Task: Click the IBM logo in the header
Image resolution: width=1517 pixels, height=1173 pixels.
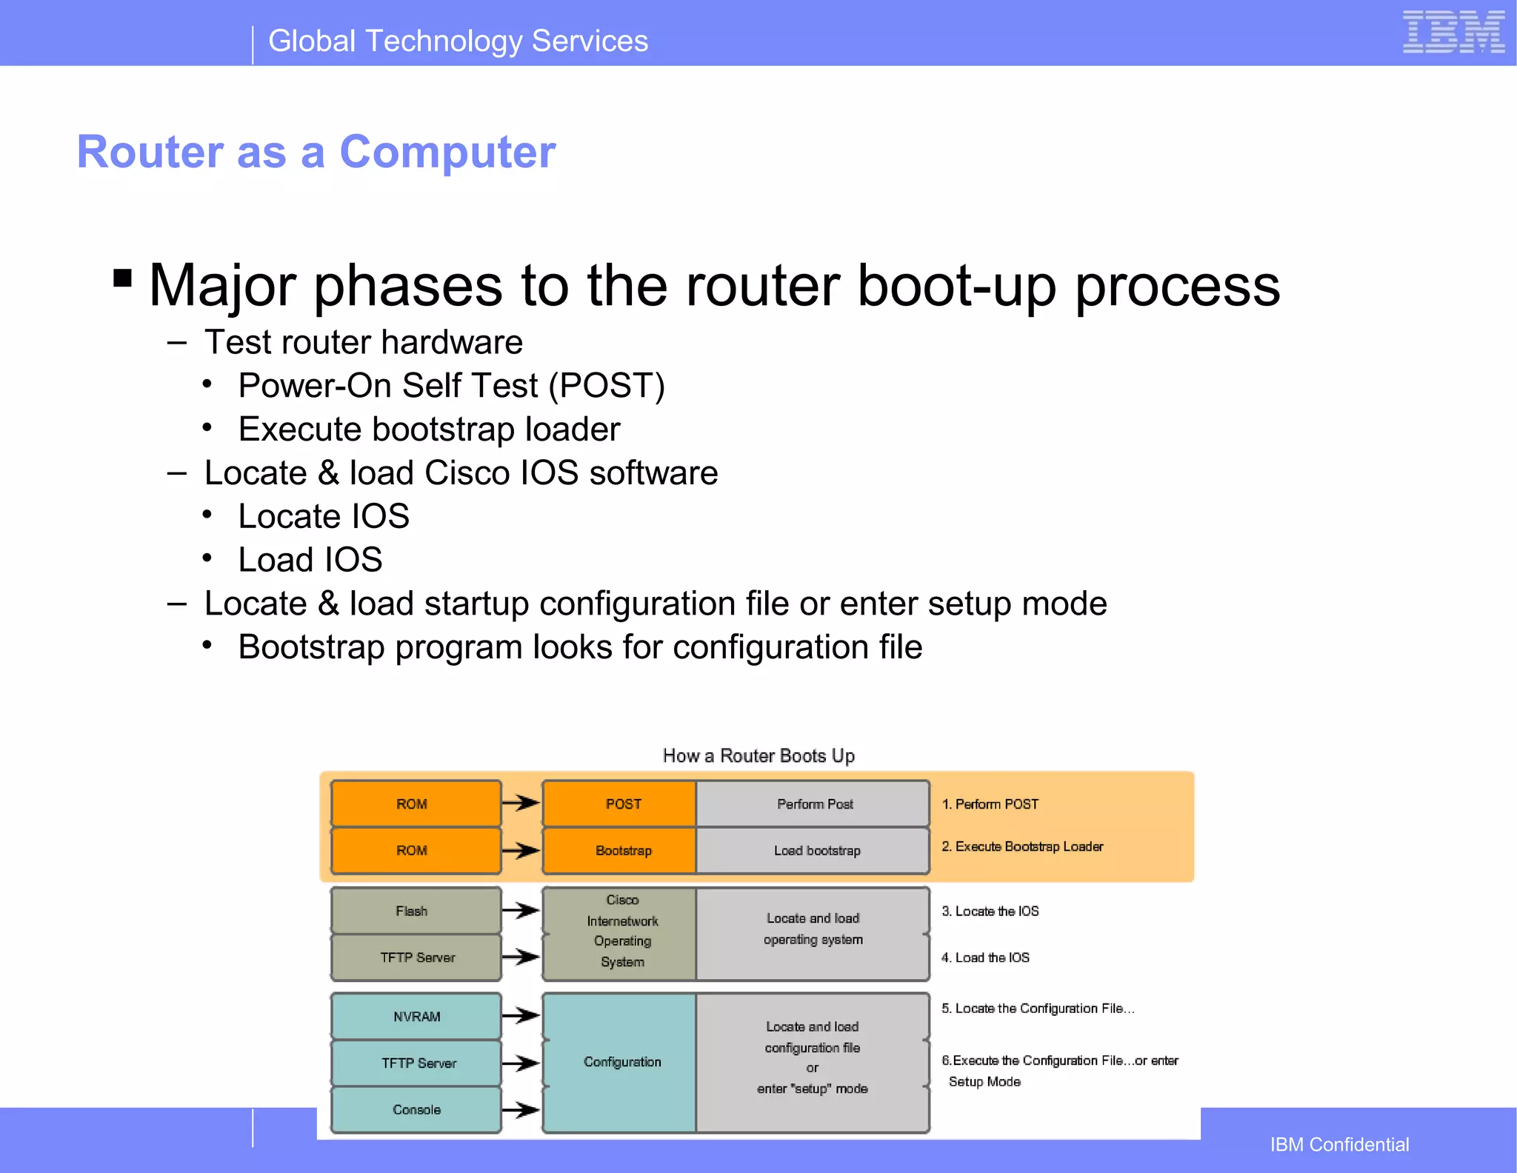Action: point(1453,33)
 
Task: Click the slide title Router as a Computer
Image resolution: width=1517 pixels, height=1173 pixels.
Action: point(316,153)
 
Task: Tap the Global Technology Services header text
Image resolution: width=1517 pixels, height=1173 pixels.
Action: point(458,41)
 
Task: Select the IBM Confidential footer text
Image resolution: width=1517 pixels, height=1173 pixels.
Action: point(1339,1145)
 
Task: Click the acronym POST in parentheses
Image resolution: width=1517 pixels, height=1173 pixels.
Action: point(607,386)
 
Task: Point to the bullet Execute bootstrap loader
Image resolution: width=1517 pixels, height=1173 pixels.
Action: point(429,430)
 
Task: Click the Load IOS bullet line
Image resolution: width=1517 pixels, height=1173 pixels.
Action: point(310,560)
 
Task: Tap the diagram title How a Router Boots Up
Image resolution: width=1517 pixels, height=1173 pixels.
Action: point(758,756)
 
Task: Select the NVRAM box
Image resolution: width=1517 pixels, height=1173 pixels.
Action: point(416,1017)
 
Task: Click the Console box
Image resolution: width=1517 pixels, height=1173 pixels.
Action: point(416,1109)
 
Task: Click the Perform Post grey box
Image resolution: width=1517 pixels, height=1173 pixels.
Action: point(813,804)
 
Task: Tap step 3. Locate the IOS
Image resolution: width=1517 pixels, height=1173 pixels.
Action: point(990,912)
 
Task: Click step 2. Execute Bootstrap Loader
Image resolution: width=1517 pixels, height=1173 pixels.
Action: point(1022,846)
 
